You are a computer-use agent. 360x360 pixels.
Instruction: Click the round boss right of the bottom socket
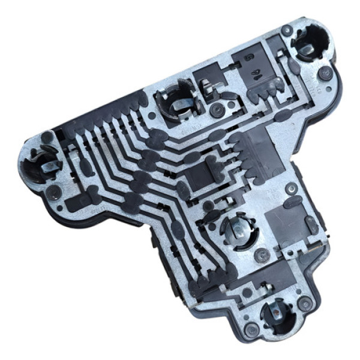[x=305, y=305]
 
